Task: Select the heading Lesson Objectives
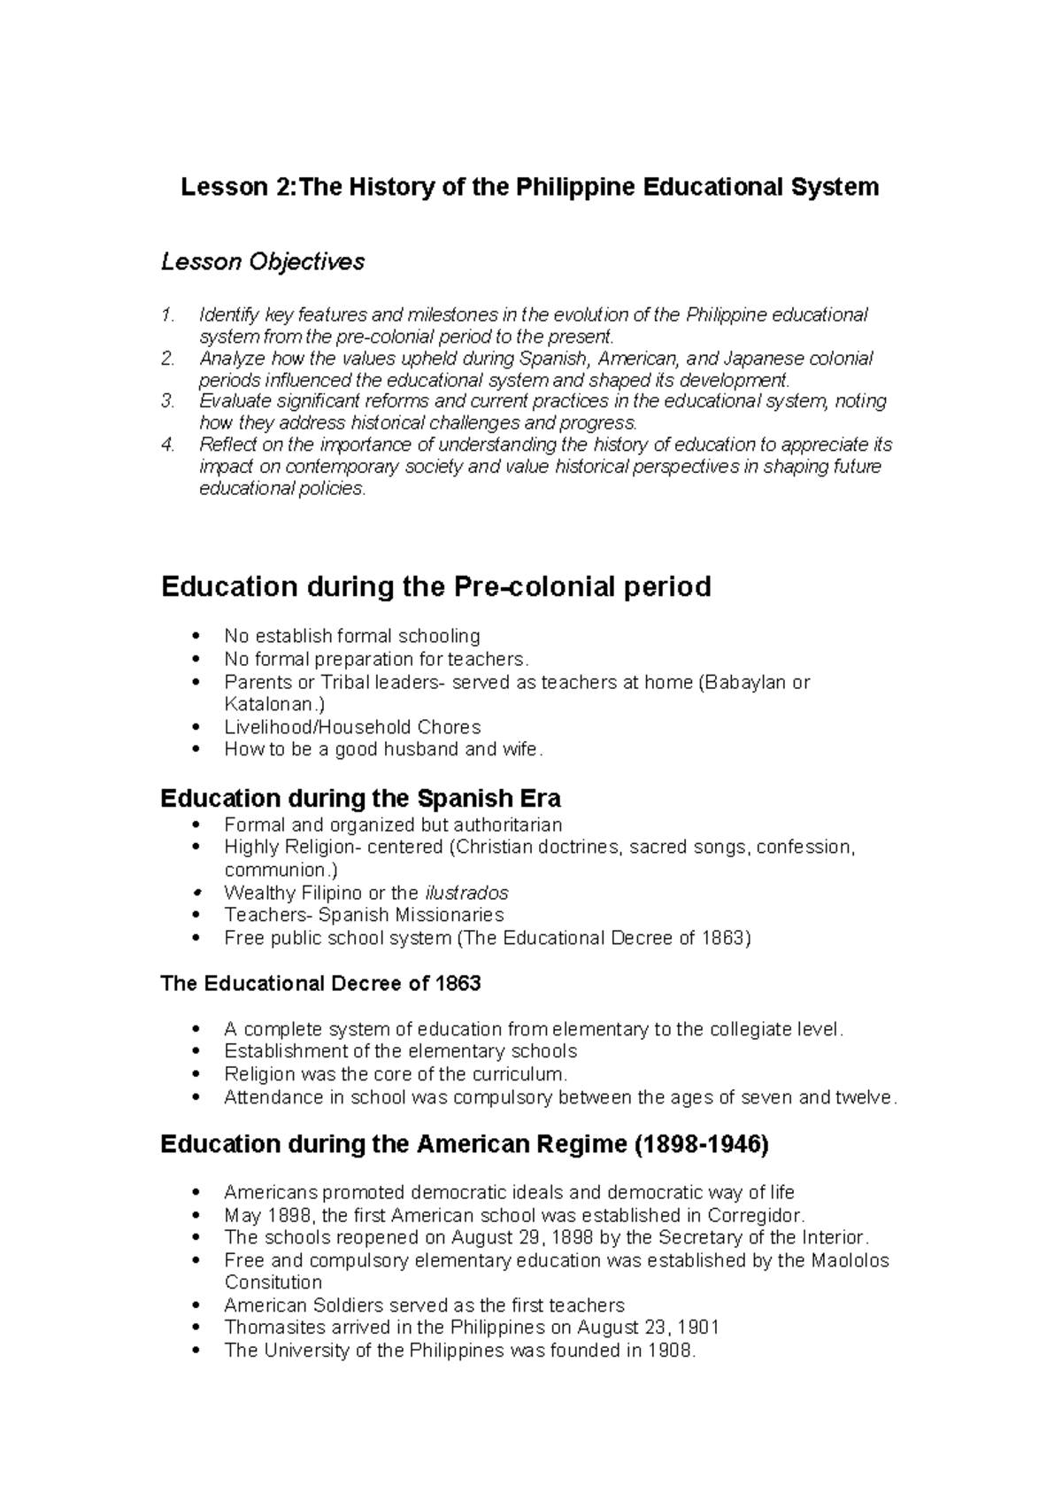(262, 262)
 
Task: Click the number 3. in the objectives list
(168, 401)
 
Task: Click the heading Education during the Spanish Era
(360, 799)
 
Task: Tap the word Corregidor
(755, 1215)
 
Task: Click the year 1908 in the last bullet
(671, 1351)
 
